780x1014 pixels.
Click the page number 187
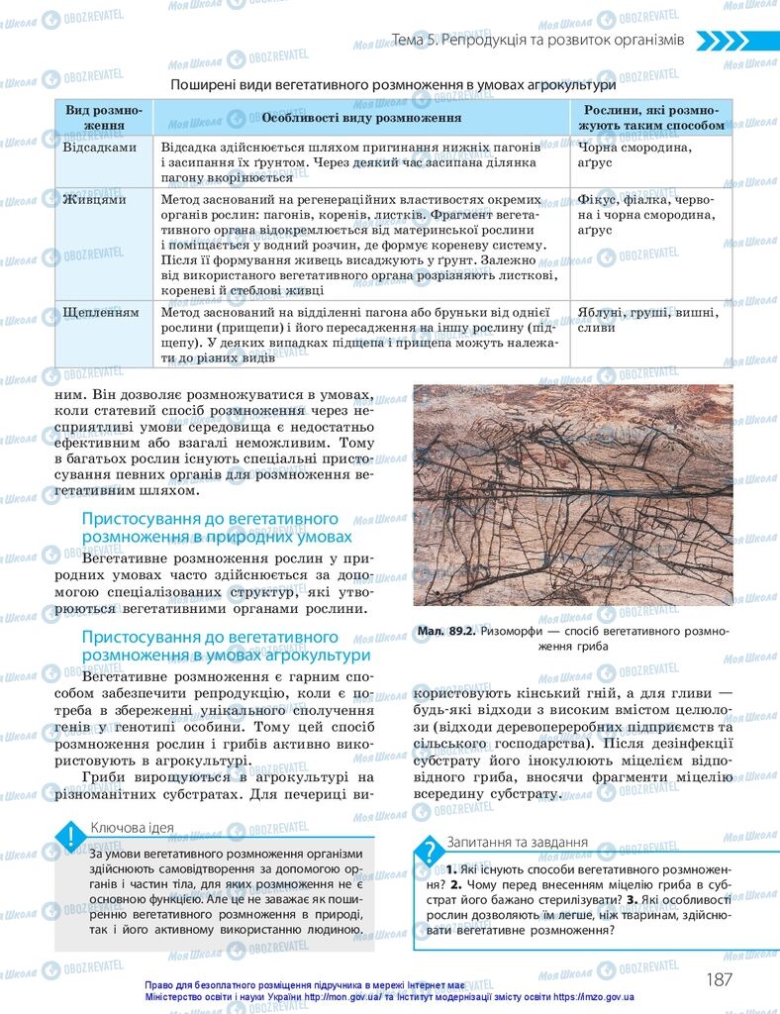(719, 979)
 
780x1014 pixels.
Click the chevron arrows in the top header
(736, 41)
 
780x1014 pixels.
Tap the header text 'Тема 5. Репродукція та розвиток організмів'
(537, 41)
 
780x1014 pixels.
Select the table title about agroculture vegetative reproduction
(393, 85)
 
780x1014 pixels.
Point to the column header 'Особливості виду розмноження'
(361, 118)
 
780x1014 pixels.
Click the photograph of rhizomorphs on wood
(573, 494)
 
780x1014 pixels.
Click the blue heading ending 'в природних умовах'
(216, 528)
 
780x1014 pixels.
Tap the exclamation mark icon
(70, 838)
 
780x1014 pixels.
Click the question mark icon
(430, 851)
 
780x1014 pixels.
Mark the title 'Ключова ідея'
(133, 828)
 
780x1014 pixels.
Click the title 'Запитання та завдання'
(519, 842)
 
